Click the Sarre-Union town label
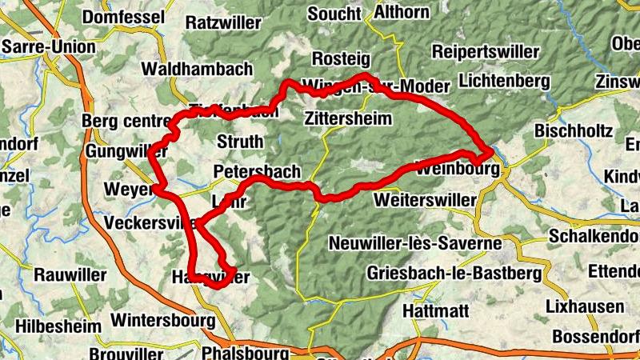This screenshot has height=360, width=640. pyautogui.click(x=49, y=47)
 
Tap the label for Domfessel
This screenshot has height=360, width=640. pyautogui.click(x=124, y=18)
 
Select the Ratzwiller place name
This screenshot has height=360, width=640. pyautogui.click(x=223, y=23)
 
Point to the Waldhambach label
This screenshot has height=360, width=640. pyautogui.click(x=199, y=69)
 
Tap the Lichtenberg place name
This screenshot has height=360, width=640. pyautogui.click(x=506, y=82)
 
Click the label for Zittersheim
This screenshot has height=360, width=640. pyautogui.click(x=348, y=119)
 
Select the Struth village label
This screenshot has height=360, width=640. pyautogui.click(x=240, y=142)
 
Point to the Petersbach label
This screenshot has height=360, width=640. pyautogui.click(x=258, y=172)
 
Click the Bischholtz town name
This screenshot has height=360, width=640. pyautogui.click(x=573, y=130)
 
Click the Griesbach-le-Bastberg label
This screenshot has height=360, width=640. pyautogui.click(x=454, y=273)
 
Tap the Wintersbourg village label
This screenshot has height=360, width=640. pyautogui.click(x=164, y=320)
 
